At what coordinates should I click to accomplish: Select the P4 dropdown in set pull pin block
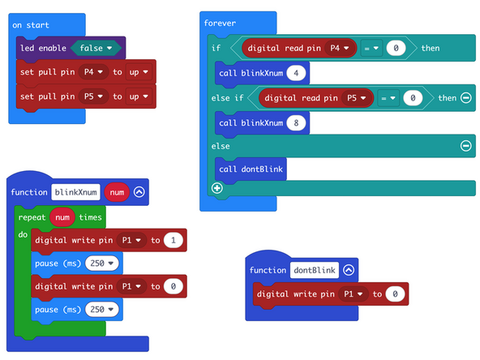click(96, 72)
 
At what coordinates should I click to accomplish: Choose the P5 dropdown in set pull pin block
click(96, 96)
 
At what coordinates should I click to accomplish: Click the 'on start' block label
click(31, 25)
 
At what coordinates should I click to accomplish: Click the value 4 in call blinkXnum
click(298, 74)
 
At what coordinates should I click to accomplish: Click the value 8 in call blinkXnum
click(298, 122)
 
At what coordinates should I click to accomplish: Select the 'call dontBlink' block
click(251, 169)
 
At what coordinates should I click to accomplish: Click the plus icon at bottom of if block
click(216, 188)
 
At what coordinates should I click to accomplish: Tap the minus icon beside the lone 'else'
click(465, 146)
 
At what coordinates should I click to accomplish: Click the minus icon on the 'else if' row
click(465, 98)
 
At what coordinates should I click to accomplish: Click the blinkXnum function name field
click(75, 192)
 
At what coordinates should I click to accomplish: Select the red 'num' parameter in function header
click(117, 192)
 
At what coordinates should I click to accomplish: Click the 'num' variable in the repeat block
click(62, 217)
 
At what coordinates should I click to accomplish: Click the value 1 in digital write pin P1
click(174, 240)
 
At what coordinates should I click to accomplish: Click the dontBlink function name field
click(314, 270)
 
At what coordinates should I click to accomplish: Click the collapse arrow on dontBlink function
click(349, 270)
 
